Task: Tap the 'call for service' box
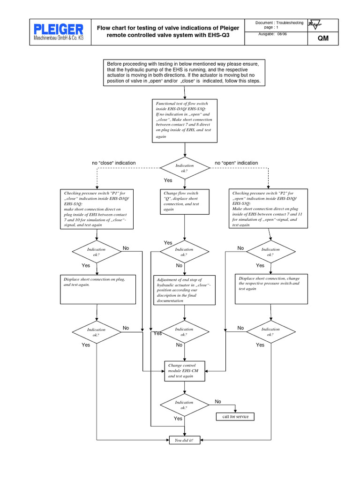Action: pos(235,417)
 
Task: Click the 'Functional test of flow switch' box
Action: pos(185,120)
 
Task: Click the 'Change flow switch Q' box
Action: pos(185,202)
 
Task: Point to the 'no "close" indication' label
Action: pos(114,163)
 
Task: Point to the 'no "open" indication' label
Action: pos(236,163)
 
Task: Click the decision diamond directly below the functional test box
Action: pos(185,168)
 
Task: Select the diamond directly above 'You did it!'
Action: pos(185,405)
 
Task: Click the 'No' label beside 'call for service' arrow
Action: pos(218,402)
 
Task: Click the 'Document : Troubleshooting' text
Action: pos(280,23)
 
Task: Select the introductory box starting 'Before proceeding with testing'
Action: pos(186,73)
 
